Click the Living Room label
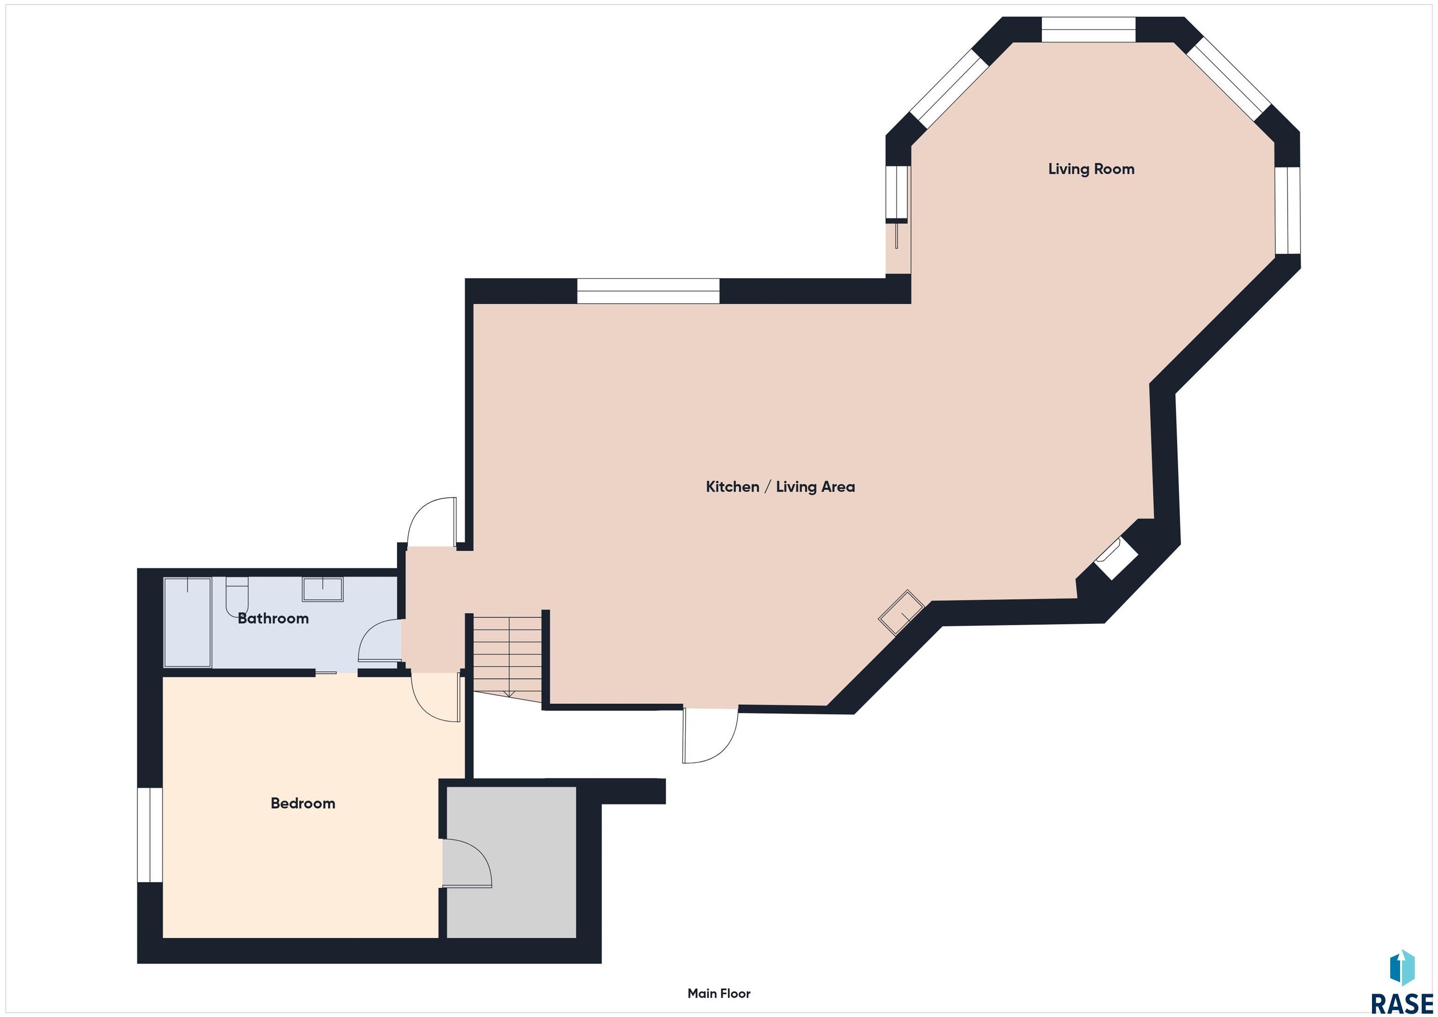coord(1091,169)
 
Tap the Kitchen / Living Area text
coord(780,487)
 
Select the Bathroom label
coord(273,619)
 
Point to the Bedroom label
coord(302,804)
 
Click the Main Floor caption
coord(719,993)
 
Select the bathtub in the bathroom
coord(187,622)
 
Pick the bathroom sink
coord(323,589)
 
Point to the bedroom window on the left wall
coord(150,835)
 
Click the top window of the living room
coord(1088,29)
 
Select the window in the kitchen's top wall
coord(648,291)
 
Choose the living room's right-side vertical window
coord(1288,211)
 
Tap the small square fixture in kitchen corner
coord(901,613)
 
